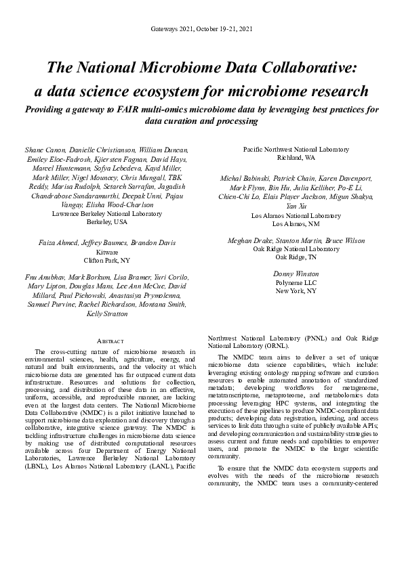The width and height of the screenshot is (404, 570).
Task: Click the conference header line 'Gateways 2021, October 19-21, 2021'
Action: tap(202, 28)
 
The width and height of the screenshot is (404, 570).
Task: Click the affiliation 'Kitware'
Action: tap(107, 251)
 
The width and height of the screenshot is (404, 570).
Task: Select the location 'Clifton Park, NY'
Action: tap(107, 259)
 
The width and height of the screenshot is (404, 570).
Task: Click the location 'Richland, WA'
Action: tap(296, 157)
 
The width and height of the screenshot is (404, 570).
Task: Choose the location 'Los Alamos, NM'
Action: tap(296, 223)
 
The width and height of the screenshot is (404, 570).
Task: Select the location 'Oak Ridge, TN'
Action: tap(296, 257)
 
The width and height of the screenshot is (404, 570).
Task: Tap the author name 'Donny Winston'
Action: tap(296, 274)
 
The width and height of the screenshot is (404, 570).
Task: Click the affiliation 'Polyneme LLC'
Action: tap(296, 282)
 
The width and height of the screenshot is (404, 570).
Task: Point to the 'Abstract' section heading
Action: tap(107, 341)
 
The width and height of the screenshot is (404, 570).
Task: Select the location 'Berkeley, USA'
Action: tap(107, 221)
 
